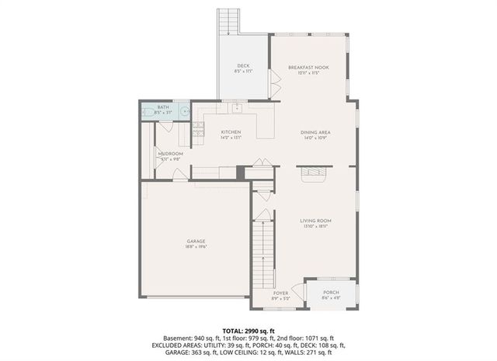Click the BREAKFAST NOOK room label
[x=308, y=68]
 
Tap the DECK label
[x=243, y=65]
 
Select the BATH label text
[x=163, y=107]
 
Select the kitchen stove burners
[x=198, y=129]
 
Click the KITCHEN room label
[x=231, y=132]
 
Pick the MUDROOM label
[x=170, y=154]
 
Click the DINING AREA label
[x=316, y=133]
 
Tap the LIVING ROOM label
[x=315, y=221]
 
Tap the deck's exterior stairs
[x=228, y=22]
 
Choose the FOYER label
[x=280, y=293]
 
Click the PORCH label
[x=331, y=293]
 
